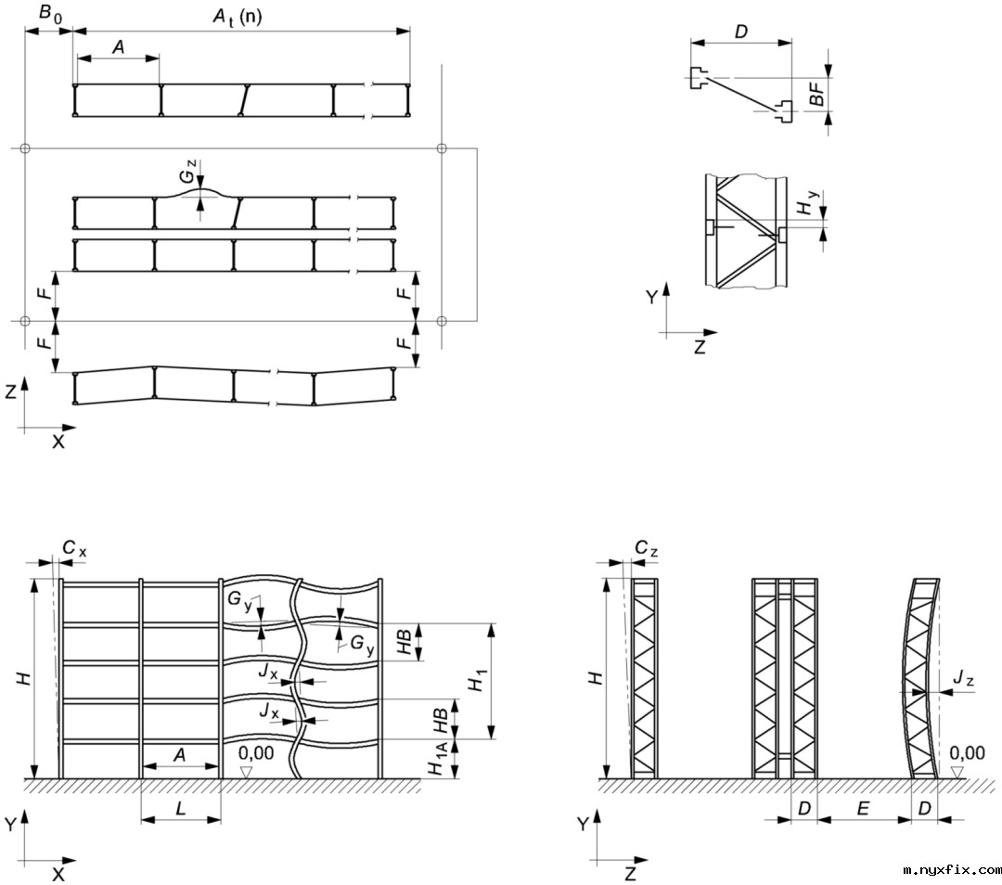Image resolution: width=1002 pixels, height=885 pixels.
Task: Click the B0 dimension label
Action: tap(48, 14)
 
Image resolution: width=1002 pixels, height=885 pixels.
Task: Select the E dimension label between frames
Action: tap(862, 809)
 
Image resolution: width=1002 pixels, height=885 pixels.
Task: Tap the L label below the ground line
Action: tap(181, 809)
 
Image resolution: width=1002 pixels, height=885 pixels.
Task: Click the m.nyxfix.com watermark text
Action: tap(952, 870)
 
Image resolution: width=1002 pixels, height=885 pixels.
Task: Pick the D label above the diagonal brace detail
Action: tap(740, 32)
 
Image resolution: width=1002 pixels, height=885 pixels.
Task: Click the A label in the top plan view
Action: tap(118, 48)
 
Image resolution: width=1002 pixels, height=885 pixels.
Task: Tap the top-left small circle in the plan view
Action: tap(25, 148)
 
